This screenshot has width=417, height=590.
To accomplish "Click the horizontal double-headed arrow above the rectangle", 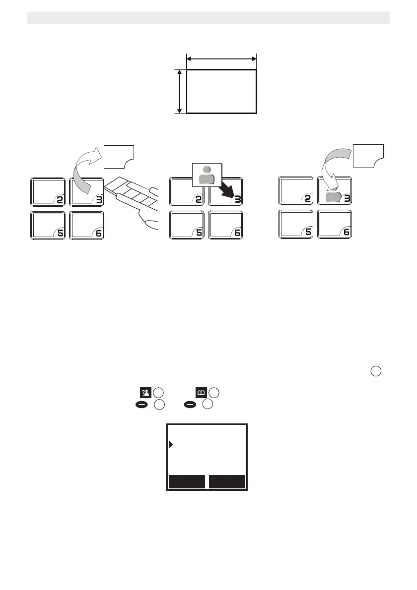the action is pyautogui.click(x=221, y=59).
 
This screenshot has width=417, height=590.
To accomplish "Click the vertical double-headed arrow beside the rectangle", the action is pyautogui.click(x=179, y=92).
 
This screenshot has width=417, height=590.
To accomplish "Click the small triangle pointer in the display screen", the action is pyautogui.click(x=171, y=444).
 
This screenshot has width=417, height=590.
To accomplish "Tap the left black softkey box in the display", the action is pyautogui.click(x=187, y=482).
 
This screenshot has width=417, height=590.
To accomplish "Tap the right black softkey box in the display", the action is pyautogui.click(x=227, y=482).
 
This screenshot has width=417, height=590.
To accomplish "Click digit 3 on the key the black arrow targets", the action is pyautogui.click(x=237, y=199).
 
